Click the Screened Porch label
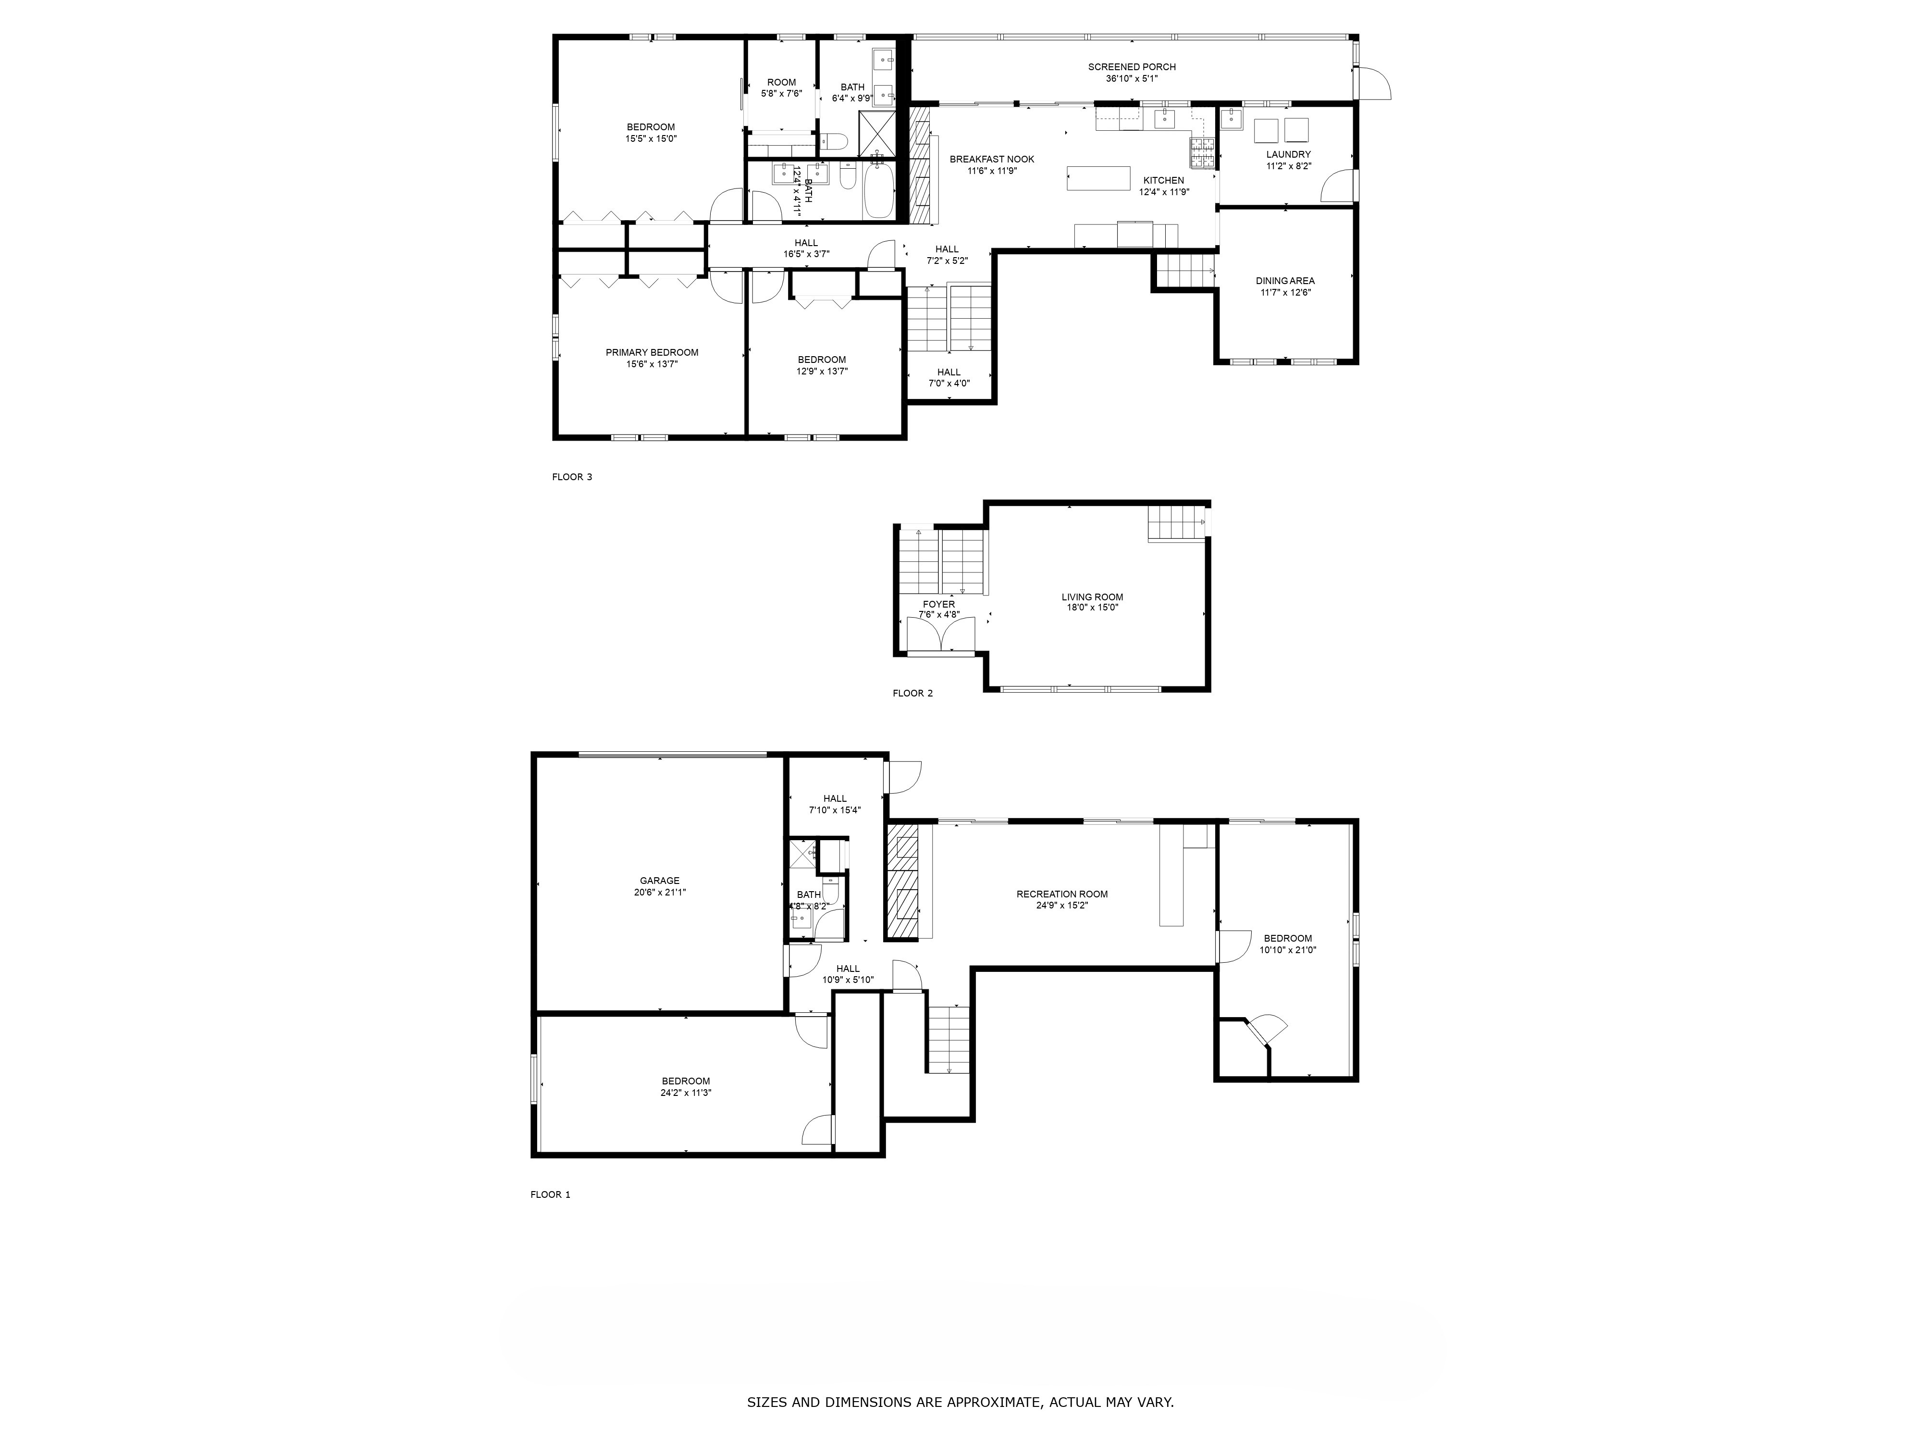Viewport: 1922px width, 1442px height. click(x=1131, y=67)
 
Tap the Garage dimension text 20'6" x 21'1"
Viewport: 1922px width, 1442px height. click(x=660, y=892)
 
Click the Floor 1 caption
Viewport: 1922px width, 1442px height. click(x=550, y=1194)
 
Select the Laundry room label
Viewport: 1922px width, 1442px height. click(x=1288, y=155)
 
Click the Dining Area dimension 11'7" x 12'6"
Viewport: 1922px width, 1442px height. click(x=1285, y=293)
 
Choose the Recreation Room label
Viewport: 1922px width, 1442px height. click(x=1062, y=894)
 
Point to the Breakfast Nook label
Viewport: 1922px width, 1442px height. click(x=991, y=159)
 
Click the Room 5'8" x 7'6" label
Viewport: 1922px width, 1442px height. click(x=781, y=83)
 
